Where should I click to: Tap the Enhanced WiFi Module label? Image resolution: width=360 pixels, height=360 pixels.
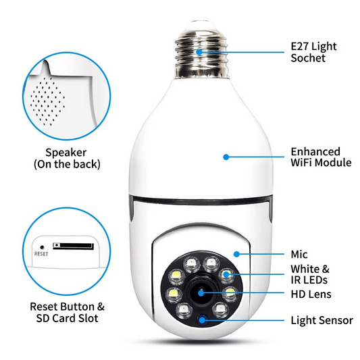pyautogui.click(x=320, y=157)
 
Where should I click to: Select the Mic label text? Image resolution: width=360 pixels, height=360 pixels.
pyautogui.click(x=299, y=255)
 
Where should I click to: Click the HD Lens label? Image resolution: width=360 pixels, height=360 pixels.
pyautogui.click(x=311, y=294)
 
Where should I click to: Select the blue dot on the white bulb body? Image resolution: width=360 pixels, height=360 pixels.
pyautogui.click(x=226, y=157)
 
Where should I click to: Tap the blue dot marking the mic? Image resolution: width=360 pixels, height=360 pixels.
pyautogui.click(x=236, y=254)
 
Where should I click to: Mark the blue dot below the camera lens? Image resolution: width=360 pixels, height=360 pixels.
pyautogui.click(x=201, y=318)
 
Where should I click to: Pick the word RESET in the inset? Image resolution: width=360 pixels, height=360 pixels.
pyautogui.click(x=42, y=255)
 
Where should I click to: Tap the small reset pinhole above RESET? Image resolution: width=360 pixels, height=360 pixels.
pyautogui.click(x=42, y=247)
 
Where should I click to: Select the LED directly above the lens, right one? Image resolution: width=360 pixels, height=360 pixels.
pyautogui.click(x=211, y=262)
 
